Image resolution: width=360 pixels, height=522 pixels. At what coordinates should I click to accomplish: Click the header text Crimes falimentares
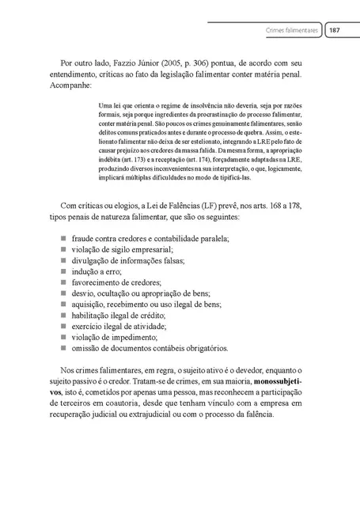coord(293,29)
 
